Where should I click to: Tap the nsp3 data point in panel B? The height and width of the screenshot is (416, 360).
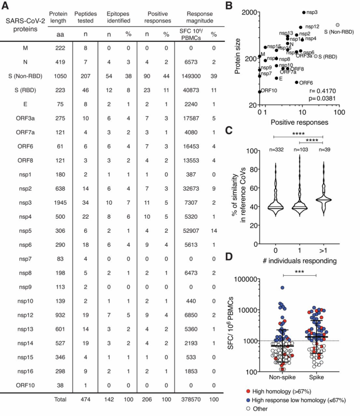click(304, 12)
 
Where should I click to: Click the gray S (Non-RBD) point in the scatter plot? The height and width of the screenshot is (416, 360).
click(337, 24)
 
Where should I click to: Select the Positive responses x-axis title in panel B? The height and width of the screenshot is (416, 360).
click(299, 122)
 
